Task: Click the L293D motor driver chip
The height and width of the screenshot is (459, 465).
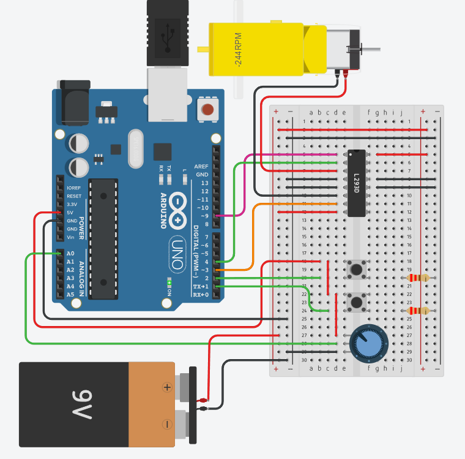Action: click(x=357, y=183)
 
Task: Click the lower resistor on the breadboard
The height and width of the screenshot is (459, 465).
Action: click(x=417, y=311)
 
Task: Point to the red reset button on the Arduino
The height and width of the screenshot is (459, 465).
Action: click(x=208, y=111)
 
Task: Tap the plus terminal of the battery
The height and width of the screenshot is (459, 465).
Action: click(x=166, y=387)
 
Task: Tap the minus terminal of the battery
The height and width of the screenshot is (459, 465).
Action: click(x=166, y=424)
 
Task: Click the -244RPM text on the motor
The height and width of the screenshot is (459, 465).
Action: click(x=238, y=49)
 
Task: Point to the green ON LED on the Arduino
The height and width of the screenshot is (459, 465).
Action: click(x=169, y=283)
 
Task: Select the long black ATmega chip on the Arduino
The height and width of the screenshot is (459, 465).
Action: click(x=103, y=239)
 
